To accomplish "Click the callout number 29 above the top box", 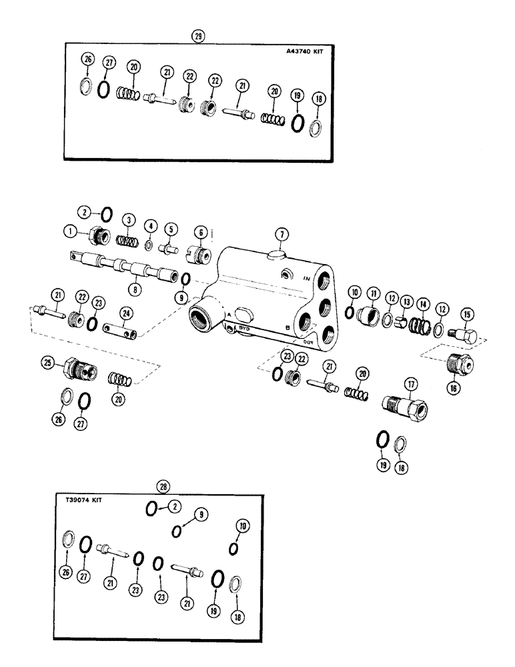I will click(197, 37).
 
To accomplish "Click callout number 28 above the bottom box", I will click(161, 485).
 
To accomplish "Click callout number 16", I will click(454, 386).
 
